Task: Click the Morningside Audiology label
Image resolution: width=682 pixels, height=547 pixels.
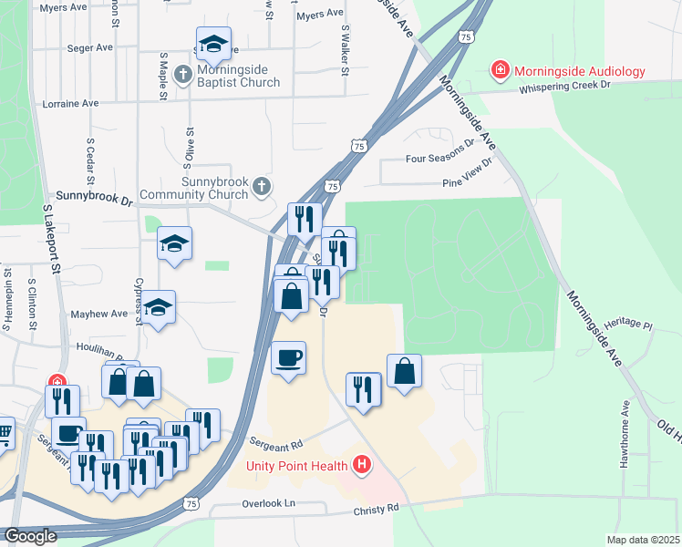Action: [x=579, y=71]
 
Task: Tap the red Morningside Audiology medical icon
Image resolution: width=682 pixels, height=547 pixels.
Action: [x=500, y=70]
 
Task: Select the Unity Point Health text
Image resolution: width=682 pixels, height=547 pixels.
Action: [x=298, y=466]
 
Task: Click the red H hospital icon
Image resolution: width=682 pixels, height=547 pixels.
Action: [x=363, y=466]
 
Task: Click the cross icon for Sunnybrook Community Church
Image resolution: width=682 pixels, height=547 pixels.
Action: [x=261, y=188]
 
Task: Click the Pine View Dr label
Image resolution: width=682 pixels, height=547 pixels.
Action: [x=466, y=181]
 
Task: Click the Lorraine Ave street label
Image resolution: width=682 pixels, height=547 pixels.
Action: [x=71, y=104]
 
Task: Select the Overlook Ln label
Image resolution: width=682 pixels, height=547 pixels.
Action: [x=270, y=503]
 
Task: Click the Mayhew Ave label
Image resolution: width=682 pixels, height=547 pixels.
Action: [x=99, y=314]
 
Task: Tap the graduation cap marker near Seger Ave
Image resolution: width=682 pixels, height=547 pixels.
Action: [x=212, y=44]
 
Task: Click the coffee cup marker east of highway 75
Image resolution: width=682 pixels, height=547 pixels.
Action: [x=289, y=357]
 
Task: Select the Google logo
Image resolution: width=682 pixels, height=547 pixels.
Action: [x=30, y=536]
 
